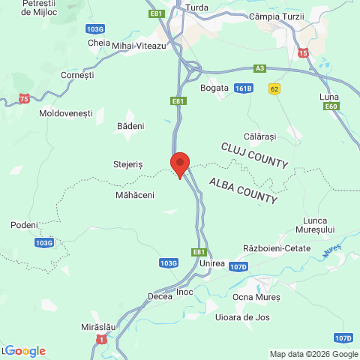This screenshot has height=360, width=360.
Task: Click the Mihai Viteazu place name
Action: [139, 46]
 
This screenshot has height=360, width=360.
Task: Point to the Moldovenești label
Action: [65, 113]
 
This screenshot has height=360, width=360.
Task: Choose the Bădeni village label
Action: [130, 126]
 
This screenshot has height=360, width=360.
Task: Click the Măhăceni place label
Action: [135, 195]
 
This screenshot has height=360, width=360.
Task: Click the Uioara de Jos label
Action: [242, 317]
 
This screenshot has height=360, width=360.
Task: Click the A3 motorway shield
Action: [259, 68]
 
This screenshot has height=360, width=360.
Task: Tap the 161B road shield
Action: [243, 88]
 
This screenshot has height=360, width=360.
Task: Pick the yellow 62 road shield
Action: [274, 88]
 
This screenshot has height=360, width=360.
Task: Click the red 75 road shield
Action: [25, 98]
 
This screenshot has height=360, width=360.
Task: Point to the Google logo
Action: [25, 351]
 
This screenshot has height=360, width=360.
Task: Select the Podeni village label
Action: [24, 225]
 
